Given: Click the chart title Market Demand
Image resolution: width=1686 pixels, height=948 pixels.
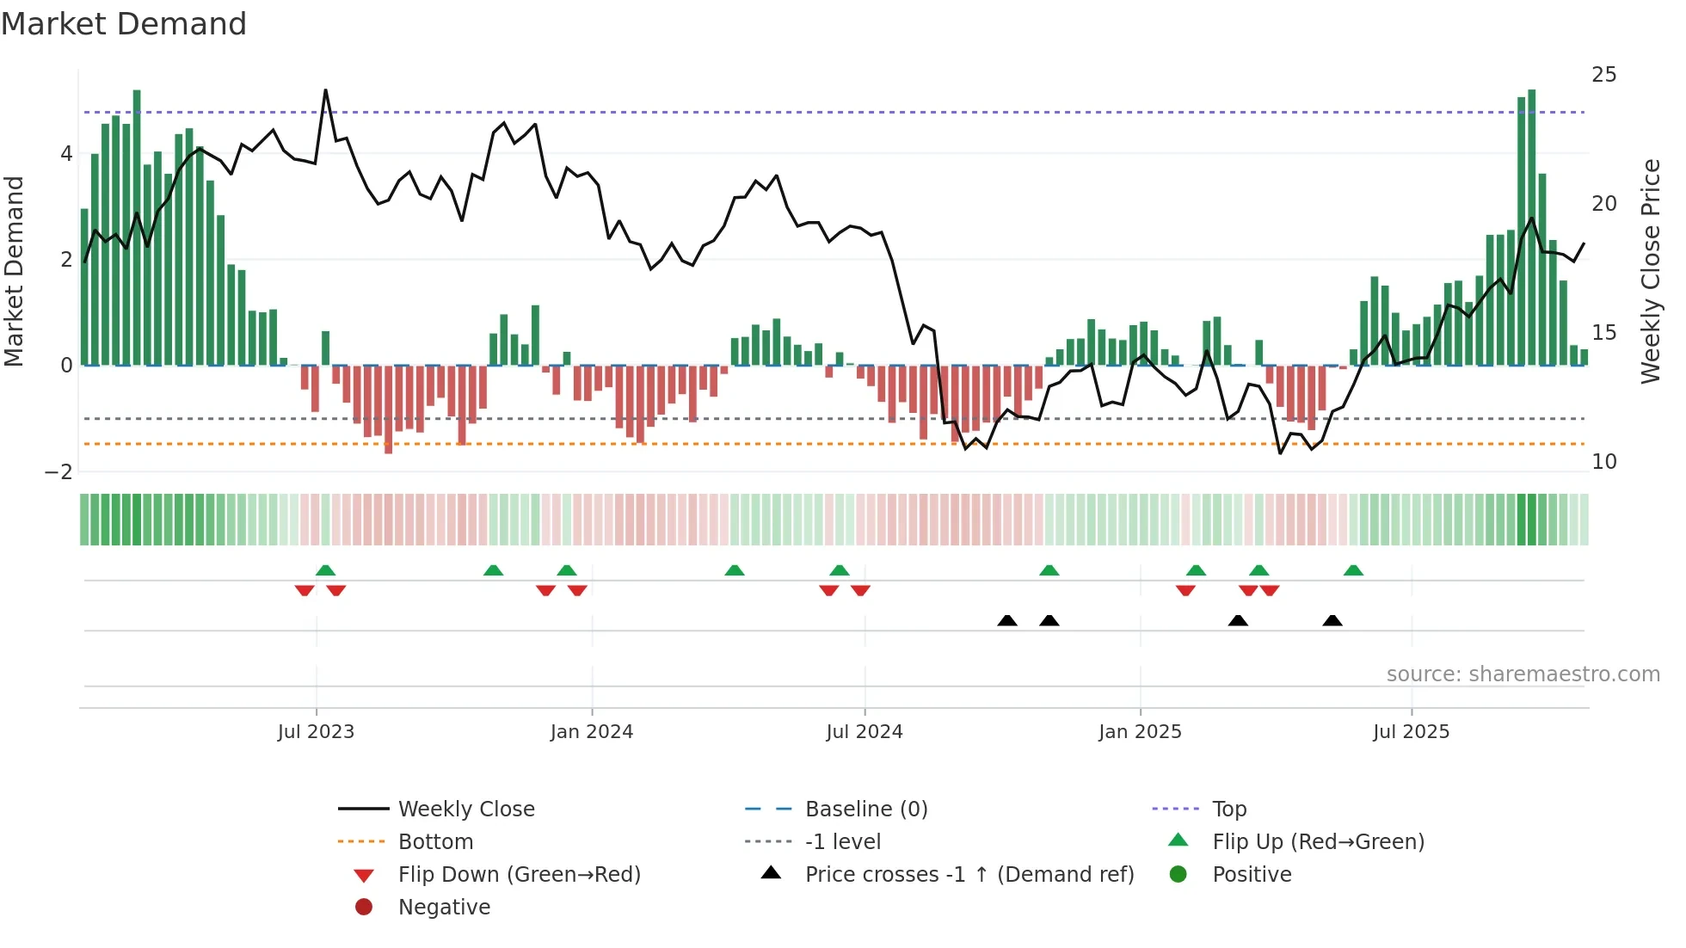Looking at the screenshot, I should point(124,24).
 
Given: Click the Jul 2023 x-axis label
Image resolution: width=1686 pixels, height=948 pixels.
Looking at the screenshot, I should point(316,732).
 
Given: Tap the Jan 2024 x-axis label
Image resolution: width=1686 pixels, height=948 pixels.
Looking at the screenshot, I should point(592,732).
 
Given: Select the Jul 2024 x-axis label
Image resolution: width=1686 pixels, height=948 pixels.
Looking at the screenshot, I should point(865,732).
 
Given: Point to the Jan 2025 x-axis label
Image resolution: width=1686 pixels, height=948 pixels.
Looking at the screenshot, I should point(1140,732).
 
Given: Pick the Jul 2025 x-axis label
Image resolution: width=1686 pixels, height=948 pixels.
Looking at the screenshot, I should point(1411,732).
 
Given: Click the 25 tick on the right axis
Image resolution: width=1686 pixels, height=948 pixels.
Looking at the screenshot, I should point(1603,75).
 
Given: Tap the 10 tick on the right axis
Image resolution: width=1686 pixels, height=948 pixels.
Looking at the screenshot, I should point(1603,462).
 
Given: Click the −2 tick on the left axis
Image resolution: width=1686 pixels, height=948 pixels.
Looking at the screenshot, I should point(58,472).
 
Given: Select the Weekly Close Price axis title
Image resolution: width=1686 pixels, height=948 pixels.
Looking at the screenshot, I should point(1650,271).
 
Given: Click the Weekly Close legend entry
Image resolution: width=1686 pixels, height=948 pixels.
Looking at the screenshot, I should point(465,809).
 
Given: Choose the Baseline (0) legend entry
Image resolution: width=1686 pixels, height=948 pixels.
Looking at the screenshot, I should point(865,809).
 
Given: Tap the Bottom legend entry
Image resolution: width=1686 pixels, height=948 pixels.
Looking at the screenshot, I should point(435,842).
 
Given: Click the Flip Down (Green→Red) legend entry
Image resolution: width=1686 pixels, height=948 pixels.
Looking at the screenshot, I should point(519,875).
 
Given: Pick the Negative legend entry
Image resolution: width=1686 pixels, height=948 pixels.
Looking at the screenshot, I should point(444,908).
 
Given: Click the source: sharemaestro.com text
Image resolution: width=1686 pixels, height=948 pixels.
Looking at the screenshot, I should point(1523,674).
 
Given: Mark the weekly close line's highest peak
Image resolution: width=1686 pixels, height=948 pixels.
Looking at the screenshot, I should point(325,90).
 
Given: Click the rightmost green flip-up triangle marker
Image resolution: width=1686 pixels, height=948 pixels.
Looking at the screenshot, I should point(1353,570).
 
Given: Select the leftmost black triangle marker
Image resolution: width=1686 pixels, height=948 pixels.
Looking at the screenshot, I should point(1007,620).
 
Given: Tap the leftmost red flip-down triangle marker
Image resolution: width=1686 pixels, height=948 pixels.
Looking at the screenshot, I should point(305,590).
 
